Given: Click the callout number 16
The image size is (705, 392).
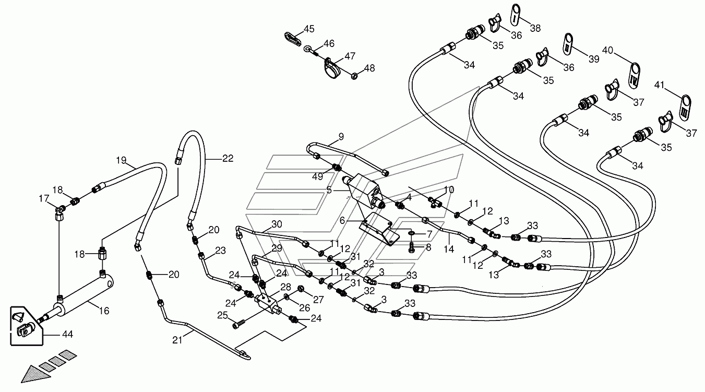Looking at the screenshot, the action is [104, 311].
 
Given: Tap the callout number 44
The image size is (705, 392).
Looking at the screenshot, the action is [67, 334].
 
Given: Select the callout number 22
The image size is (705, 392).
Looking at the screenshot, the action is [228, 158].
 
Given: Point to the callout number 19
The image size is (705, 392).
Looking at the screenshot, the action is [121, 160].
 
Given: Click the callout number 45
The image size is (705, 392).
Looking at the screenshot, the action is [309, 29].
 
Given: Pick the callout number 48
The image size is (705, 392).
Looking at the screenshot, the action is [369, 68].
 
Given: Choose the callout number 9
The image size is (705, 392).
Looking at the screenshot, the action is [341, 137].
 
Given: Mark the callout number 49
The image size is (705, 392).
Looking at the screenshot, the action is [318, 176].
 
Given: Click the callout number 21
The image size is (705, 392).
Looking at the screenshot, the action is [177, 340].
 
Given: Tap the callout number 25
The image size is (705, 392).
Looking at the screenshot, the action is [222, 315].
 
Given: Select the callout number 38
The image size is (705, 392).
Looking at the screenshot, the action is [535, 28].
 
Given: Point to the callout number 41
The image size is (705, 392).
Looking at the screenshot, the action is [659, 85].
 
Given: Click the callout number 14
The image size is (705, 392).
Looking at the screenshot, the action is [449, 249].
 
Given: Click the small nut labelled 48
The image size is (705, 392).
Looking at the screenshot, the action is [354, 76].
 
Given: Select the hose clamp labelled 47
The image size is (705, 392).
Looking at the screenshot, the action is [332, 69].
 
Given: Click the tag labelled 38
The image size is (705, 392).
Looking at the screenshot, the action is [516, 15].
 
